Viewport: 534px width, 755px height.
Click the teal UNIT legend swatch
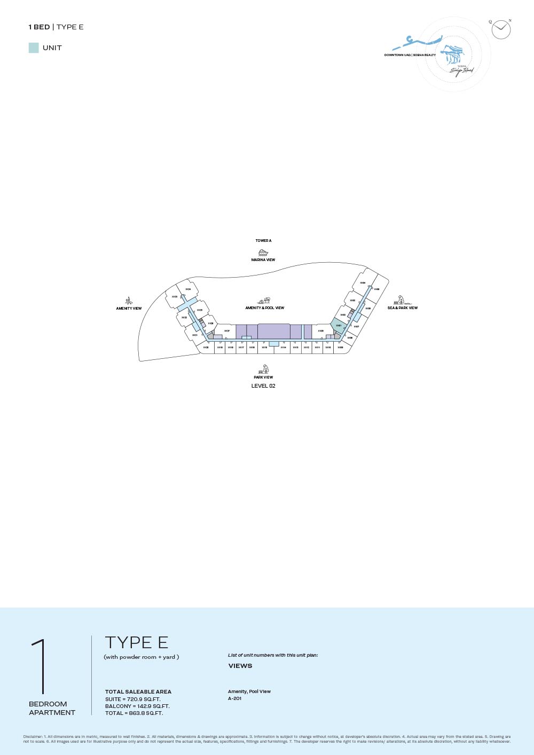pyautogui.click(x=34, y=48)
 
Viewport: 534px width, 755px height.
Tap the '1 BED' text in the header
pyautogui.click(x=39, y=27)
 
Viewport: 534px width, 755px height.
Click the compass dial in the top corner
pyautogui.click(x=501, y=29)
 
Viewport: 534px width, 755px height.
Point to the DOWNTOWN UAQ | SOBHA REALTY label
pyautogui.click(x=410, y=55)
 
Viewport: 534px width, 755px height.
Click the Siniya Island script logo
pyautogui.click(x=461, y=70)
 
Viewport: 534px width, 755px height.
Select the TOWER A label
pyautogui.click(x=263, y=241)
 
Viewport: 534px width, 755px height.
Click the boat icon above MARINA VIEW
pyautogui.click(x=263, y=253)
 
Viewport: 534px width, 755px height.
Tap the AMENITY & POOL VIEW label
pyautogui.click(x=265, y=308)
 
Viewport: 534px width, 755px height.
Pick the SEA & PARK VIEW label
pyautogui.click(x=403, y=308)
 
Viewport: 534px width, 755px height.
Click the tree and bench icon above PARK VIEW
pyautogui.click(x=264, y=369)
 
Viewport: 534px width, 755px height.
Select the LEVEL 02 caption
pyautogui.click(x=263, y=386)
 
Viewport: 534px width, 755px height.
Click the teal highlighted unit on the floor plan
pyautogui.click(x=339, y=325)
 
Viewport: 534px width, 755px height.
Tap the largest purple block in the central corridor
pyautogui.click(x=274, y=332)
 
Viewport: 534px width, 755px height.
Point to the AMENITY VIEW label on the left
pyautogui.click(x=129, y=309)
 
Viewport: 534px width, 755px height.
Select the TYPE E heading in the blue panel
pyautogui.click(x=137, y=642)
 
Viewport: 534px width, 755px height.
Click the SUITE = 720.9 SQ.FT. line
pyautogui.click(x=133, y=699)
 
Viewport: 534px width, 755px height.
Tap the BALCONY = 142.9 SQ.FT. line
pyautogui.click(x=137, y=706)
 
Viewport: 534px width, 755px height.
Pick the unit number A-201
pyautogui.click(x=235, y=698)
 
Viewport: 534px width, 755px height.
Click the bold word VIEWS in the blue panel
pyautogui.click(x=240, y=666)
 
